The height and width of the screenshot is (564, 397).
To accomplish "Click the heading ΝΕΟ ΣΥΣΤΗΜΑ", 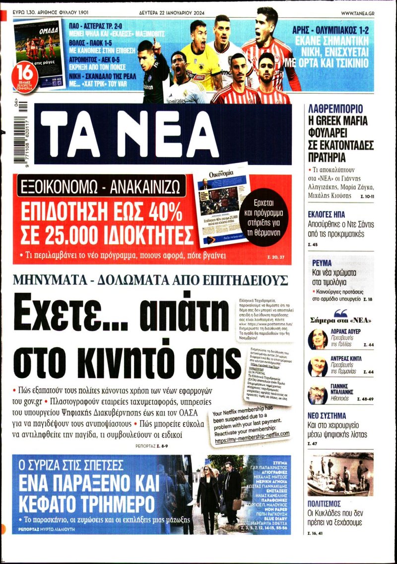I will [331, 425].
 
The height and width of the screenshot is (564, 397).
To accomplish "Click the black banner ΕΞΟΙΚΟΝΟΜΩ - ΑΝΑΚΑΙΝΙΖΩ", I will [101, 186].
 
